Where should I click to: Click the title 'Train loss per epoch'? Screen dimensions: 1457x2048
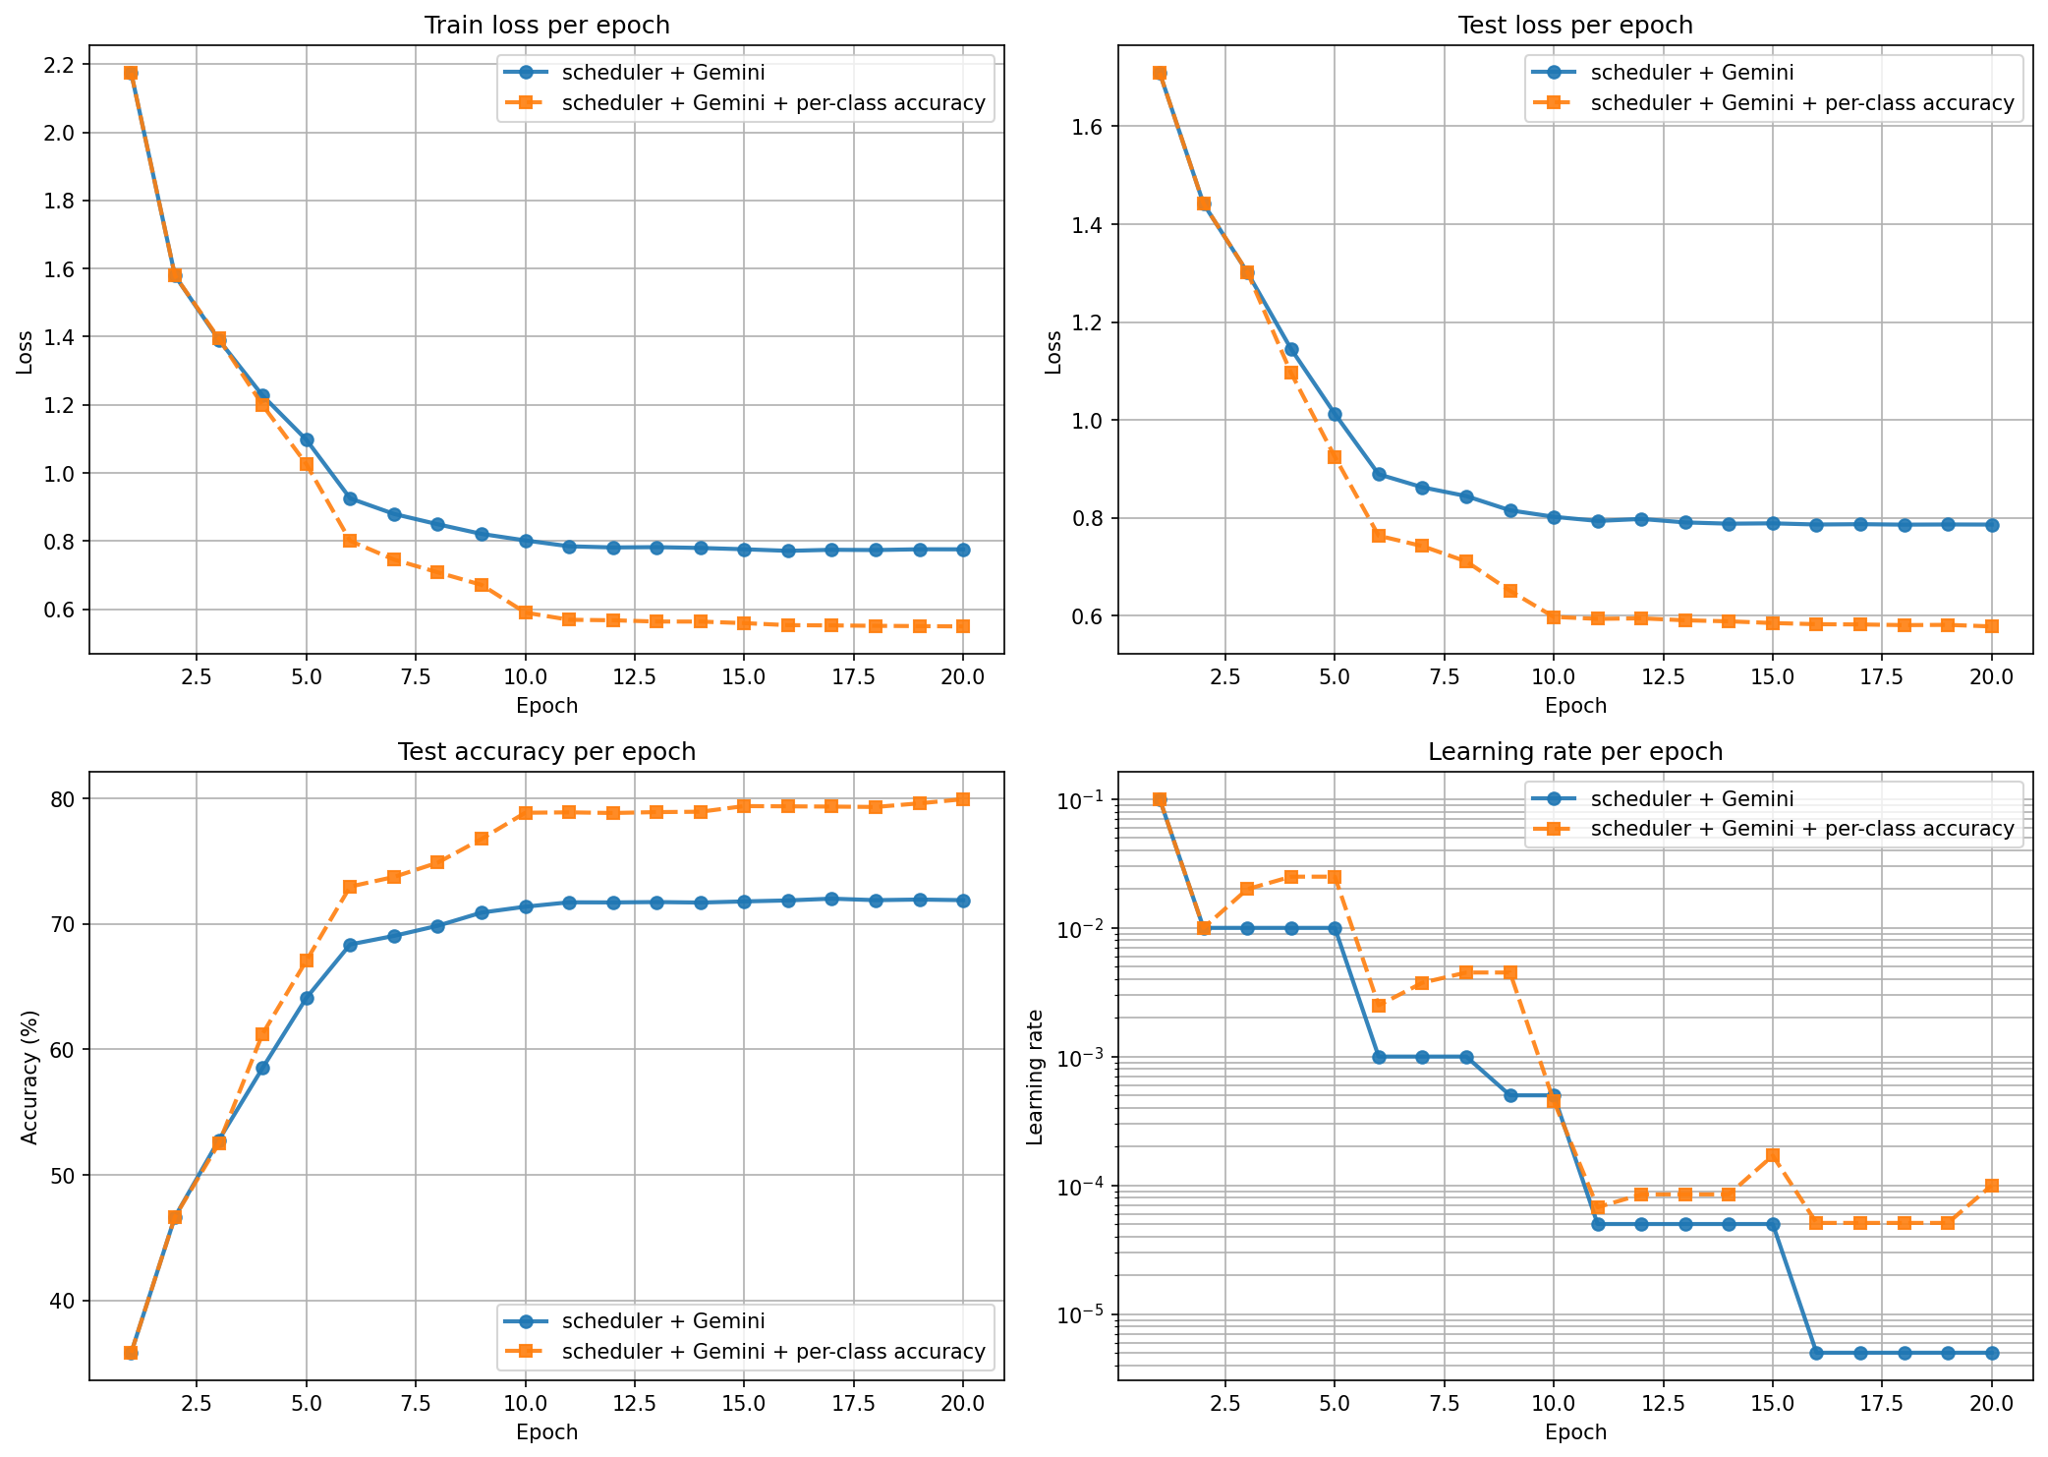click(x=546, y=26)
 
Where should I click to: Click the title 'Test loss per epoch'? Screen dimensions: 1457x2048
click(x=1575, y=26)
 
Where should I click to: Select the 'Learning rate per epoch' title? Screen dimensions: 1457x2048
click(x=1575, y=752)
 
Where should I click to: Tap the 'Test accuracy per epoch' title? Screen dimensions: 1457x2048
click(x=546, y=752)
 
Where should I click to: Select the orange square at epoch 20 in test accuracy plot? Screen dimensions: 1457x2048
click(x=963, y=799)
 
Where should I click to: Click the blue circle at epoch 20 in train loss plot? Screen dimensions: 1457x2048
click(x=963, y=550)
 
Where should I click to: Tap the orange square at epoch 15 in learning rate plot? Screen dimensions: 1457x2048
click(x=1773, y=1155)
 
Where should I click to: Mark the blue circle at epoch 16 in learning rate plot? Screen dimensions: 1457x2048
click(x=1816, y=1353)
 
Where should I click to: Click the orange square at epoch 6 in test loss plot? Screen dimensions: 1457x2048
click(x=1379, y=536)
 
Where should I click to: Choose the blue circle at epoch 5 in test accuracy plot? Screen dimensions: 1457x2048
click(x=307, y=998)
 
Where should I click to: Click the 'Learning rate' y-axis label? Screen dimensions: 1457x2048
click(x=1035, y=1077)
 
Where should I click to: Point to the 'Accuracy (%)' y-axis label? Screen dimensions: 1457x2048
click(x=29, y=1077)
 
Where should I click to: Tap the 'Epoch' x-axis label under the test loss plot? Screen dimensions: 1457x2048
click(x=1575, y=706)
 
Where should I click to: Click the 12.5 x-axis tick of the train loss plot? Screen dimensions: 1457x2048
click(x=634, y=677)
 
